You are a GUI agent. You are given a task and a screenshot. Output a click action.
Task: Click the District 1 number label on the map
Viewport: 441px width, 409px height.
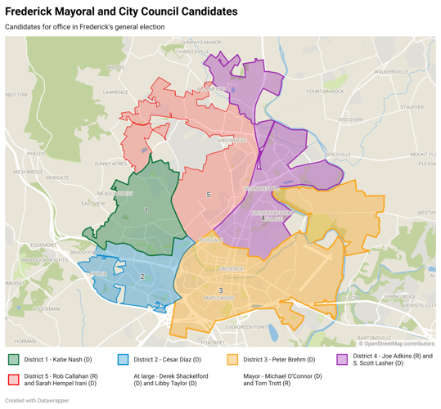coord(146,210)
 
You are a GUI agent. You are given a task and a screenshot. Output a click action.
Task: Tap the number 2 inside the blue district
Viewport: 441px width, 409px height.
coord(142,276)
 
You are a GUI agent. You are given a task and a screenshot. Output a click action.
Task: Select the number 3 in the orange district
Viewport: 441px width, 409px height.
coord(221,292)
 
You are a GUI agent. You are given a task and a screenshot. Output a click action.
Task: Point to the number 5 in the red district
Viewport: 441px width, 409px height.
coord(209,195)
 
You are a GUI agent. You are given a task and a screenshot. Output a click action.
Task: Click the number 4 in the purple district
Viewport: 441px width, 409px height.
coord(263,218)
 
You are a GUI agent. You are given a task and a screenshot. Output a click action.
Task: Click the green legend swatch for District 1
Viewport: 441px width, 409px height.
coord(13,358)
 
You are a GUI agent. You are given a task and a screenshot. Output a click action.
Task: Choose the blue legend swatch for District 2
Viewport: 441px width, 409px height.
coord(124,358)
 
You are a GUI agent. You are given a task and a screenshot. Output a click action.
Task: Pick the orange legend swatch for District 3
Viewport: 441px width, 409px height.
coord(232,358)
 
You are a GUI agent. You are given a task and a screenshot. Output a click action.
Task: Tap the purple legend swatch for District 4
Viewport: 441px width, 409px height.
coord(343,358)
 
